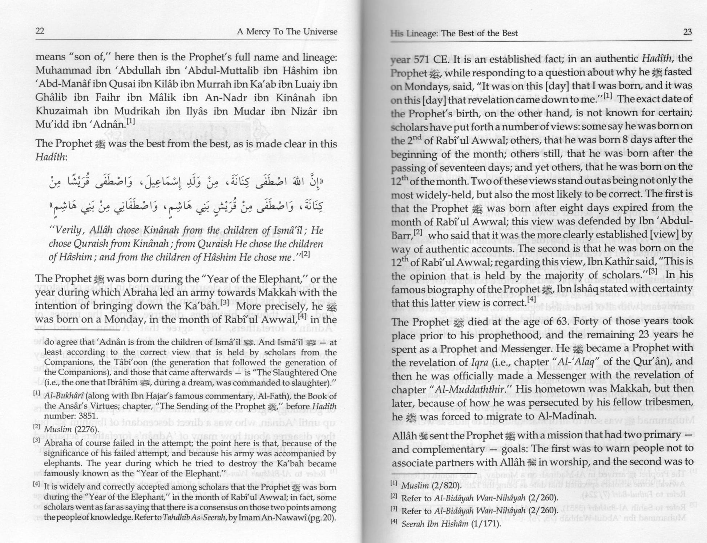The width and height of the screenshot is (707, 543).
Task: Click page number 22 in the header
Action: coord(40,31)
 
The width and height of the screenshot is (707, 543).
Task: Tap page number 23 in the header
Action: coord(687,32)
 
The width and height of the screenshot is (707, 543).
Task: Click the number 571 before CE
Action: coord(424,59)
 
